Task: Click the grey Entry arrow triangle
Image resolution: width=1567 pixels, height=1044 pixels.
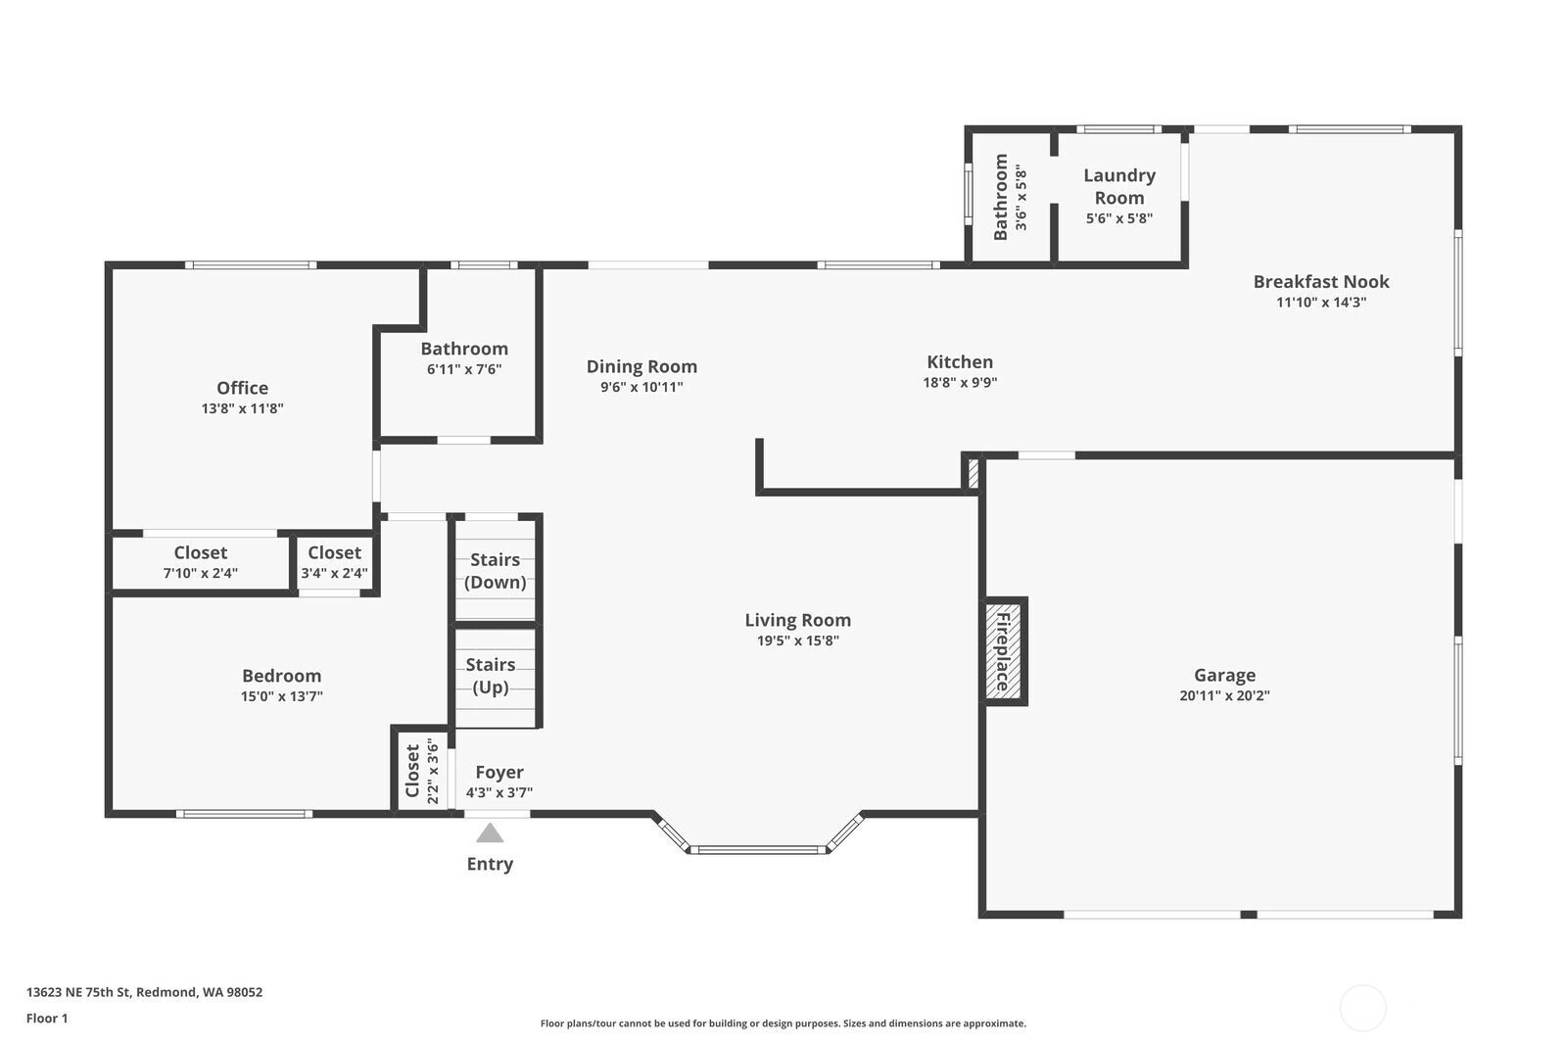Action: point(490,833)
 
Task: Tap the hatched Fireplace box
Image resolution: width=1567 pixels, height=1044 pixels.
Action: point(1003,650)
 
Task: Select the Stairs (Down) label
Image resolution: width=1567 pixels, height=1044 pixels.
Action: point(496,571)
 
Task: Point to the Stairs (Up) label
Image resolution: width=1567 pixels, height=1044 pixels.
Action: point(491,676)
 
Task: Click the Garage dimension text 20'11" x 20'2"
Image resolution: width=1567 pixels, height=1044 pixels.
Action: point(1224,695)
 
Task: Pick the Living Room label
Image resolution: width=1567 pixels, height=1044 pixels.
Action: point(797,620)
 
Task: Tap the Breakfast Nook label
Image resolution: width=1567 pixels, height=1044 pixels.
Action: point(1321,281)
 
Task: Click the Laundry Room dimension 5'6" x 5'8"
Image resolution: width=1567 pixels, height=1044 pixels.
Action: point(1119,218)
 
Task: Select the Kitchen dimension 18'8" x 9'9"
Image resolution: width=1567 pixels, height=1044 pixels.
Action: point(960,382)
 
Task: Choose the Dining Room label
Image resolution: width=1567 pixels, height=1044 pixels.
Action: point(641,366)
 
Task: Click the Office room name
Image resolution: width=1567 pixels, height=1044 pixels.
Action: point(242,388)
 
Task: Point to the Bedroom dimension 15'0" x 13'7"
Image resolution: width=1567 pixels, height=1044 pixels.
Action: point(282,696)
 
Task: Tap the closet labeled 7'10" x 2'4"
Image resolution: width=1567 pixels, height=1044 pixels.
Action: point(201,562)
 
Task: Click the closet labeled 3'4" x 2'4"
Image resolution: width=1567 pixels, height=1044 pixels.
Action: point(334,562)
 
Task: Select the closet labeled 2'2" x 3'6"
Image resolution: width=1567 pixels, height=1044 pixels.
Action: point(422,771)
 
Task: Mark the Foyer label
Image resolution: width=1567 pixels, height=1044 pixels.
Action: point(499,772)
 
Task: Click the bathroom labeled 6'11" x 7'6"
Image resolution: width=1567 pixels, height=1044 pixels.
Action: point(464,357)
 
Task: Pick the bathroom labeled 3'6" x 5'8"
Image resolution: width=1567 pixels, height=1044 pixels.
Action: point(1011,197)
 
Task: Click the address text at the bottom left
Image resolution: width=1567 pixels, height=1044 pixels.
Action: point(145,992)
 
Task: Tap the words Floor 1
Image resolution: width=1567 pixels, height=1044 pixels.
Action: point(47,1019)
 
